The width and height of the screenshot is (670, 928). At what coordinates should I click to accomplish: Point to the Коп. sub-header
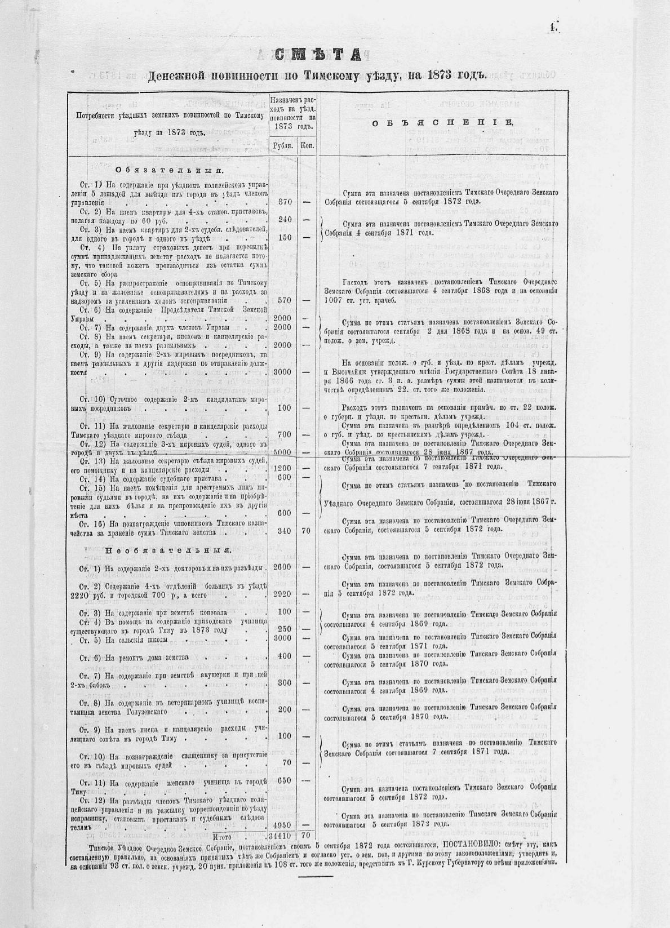pos(307,145)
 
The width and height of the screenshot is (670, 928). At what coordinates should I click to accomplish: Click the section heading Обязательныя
pos(169,170)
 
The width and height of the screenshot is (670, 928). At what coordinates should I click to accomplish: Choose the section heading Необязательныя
pos(167,550)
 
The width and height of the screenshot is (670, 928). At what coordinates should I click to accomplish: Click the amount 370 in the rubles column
pos(284,202)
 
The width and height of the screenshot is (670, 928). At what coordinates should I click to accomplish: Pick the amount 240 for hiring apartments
pos(284,219)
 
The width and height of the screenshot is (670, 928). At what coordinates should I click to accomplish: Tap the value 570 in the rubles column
pos(284,300)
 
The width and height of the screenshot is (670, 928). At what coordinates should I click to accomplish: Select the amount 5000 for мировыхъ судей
pos(282,452)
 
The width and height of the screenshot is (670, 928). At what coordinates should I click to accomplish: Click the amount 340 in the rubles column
pos(284,531)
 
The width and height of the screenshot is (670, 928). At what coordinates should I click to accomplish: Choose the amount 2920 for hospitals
pos(282,594)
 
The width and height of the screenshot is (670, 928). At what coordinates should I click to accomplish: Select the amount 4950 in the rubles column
pos(282,825)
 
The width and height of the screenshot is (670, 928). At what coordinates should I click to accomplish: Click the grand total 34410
pos(281,836)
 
